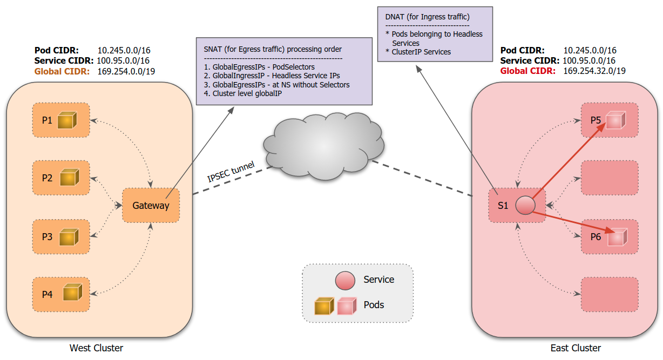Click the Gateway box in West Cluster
[151, 206]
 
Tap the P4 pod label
[48, 295]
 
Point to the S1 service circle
[525, 205]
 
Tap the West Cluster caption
[96, 348]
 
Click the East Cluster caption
[576, 348]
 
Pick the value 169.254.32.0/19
[594, 71]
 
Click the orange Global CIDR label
[62, 71]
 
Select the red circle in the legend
[345, 280]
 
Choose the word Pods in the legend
[374, 305]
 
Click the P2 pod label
[48, 178]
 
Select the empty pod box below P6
[610, 294]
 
